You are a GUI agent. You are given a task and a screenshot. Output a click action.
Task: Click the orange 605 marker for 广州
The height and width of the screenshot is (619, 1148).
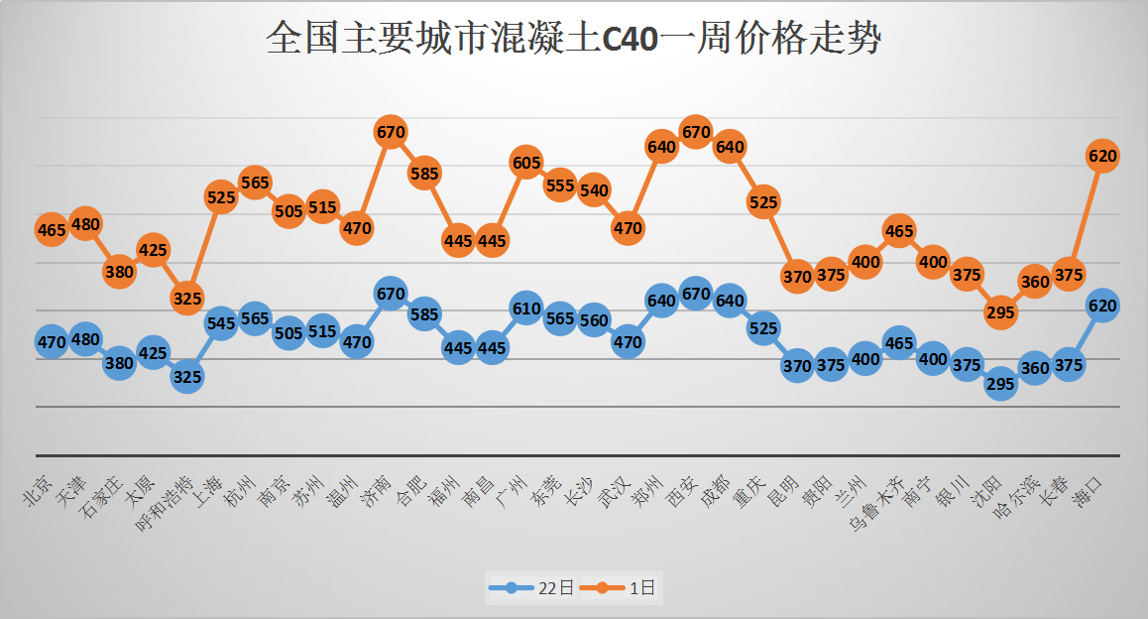click(526, 162)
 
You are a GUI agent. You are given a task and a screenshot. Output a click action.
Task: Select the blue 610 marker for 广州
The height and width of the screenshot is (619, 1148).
click(526, 309)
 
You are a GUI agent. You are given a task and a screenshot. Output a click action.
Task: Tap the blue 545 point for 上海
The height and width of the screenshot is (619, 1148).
click(221, 322)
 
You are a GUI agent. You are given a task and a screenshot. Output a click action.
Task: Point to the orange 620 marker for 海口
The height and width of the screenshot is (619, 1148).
click(1102, 156)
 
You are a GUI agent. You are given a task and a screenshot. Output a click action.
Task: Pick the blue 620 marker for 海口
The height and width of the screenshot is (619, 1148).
click(1102, 306)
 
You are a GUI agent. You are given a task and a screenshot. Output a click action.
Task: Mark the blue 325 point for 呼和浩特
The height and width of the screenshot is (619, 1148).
click(186, 376)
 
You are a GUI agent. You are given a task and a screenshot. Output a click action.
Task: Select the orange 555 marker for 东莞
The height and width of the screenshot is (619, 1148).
click(560, 185)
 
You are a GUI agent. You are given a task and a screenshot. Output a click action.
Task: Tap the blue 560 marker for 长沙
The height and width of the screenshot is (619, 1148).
click(594, 319)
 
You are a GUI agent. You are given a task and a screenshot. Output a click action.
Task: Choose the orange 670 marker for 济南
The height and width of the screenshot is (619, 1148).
click(391, 131)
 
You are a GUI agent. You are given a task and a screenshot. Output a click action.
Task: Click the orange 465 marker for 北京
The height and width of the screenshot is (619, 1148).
click(51, 230)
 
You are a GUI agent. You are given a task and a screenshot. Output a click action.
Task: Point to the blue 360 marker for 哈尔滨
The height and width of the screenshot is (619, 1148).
click(1034, 368)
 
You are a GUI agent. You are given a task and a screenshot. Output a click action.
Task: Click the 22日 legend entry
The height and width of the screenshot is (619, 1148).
click(531, 588)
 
